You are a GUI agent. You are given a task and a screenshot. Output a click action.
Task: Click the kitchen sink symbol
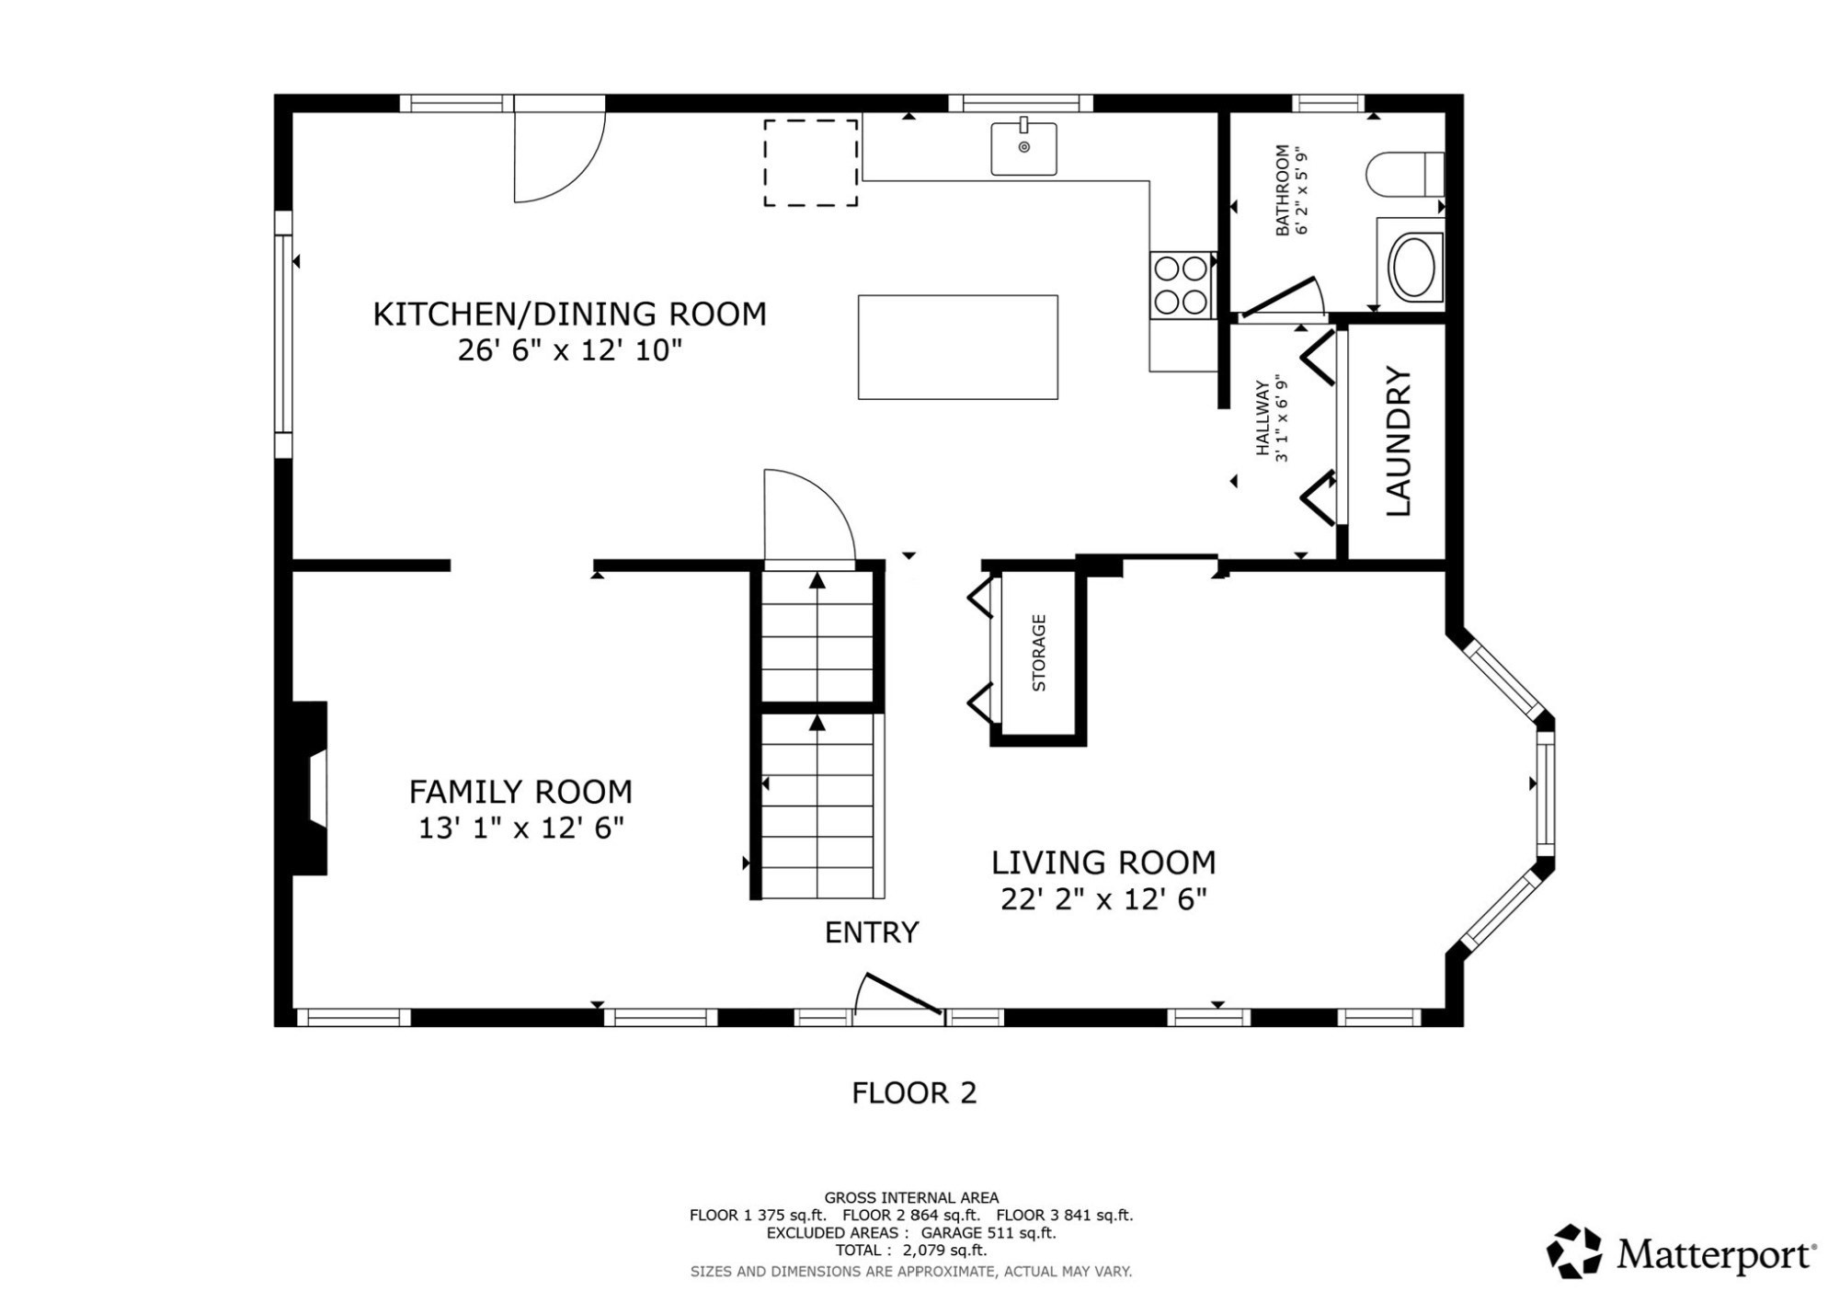click(x=1023, y=148)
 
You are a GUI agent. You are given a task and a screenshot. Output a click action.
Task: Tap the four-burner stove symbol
click(x=1181, y=285)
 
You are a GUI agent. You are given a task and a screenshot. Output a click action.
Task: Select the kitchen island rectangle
click(x=957, y=347)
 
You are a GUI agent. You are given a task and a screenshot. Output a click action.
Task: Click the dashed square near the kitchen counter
click(x=810, y=163)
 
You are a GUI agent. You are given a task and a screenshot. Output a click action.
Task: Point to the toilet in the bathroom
click(x=1403, y=175)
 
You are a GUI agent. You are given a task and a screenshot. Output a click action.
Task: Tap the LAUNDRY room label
click(x=1398, y=441)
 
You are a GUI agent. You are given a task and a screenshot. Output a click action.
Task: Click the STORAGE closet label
click(x=1039, y=653)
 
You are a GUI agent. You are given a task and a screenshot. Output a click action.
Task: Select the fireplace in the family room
click(x=311, y=788)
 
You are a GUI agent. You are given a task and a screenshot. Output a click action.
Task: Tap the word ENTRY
click(x=871, y=932)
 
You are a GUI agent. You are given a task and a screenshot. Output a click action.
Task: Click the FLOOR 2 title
click(x=913, y=1092)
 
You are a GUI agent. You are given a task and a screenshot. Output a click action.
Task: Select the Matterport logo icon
click(x=1574, y=1251)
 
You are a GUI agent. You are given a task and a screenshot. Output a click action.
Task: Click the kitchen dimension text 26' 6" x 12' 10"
click(x=569, y=350)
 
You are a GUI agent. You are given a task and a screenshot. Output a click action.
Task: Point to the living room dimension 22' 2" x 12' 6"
click(x=1103, y=898)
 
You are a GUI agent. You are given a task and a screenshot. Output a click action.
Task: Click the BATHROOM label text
click(x=1282, y=190)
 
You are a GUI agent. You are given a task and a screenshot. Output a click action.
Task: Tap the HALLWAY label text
click(x=1263, y=418)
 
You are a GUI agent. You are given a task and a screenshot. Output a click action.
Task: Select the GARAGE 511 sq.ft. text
click(x=988, y=1233)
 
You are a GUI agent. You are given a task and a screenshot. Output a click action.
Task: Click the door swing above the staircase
click(x=805, y=515)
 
